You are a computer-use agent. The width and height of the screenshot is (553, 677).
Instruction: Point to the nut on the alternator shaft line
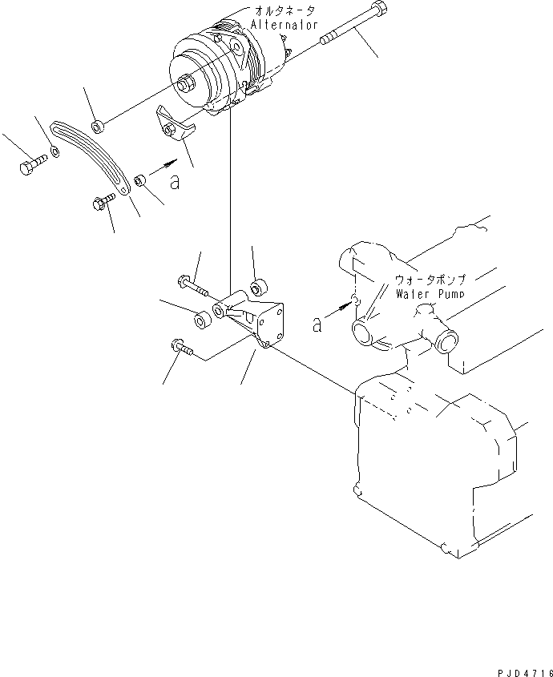tap(97, 126)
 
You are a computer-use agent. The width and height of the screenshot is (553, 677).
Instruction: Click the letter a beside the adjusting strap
tap(175, 183)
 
